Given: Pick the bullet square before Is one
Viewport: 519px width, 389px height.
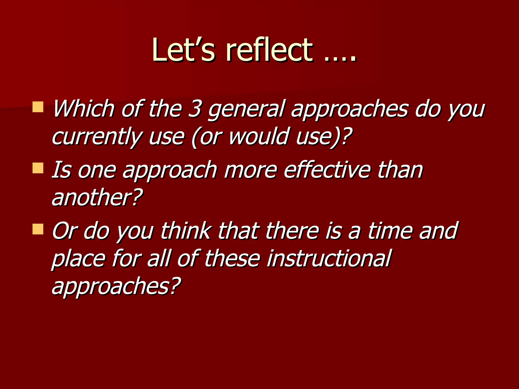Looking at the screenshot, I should (38, 168).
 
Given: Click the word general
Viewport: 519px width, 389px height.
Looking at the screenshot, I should (247, 109).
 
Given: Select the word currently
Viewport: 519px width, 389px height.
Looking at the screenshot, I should (97, 137).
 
